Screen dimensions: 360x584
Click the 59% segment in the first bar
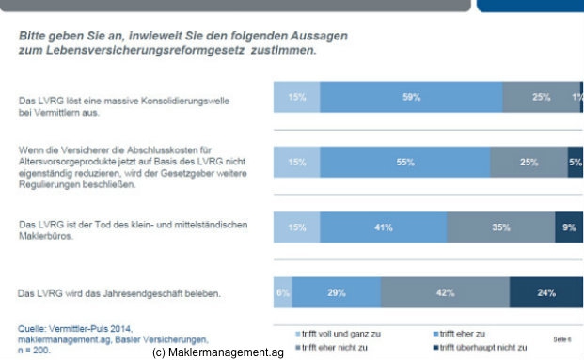(410, 97)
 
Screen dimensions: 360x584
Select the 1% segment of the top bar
(580, 97)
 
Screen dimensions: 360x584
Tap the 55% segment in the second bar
(406, 162)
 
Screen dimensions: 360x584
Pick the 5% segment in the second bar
(576, 162)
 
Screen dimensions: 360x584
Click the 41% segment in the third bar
(384, 227)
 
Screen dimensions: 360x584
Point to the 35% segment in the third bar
(500, 227)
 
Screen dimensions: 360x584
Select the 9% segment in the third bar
(569, 227)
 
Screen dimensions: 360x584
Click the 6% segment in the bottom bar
(282, 293)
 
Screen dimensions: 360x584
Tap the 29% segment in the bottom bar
(336, 293)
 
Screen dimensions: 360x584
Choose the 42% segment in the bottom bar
(445, 293)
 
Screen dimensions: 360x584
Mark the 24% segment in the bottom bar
(546, 293)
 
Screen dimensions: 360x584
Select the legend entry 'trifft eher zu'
(466, 333)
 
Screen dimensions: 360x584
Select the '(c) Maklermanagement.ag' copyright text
(217, 352)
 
